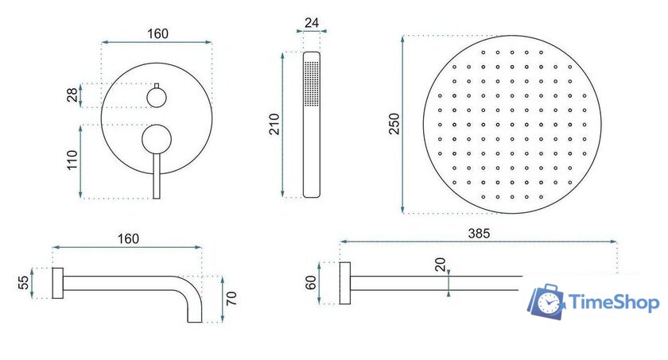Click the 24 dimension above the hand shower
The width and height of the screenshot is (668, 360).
312,22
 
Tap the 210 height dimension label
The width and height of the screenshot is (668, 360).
274,124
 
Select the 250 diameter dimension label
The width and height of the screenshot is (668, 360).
394,124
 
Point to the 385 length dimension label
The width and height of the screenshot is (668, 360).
479,233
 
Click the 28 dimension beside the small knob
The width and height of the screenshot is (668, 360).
72,95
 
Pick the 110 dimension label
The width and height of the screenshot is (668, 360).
72,160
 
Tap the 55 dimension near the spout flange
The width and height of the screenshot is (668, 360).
24,283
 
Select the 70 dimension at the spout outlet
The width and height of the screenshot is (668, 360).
231,298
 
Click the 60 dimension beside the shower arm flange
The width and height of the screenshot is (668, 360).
311,283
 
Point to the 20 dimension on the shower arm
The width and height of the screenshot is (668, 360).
440,265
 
